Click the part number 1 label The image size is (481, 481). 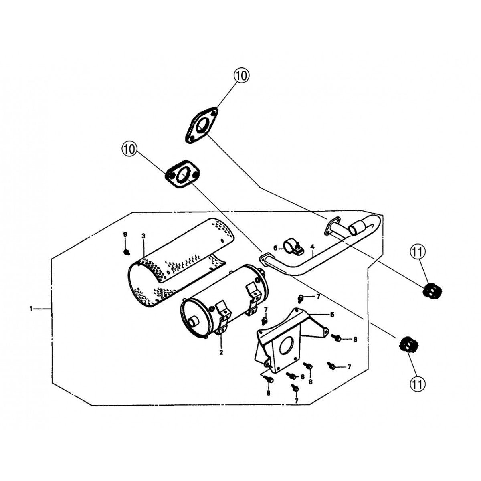[31, 309]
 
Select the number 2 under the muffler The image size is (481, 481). [221, 353]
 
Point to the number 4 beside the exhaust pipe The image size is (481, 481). [312, 246]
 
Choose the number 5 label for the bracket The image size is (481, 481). [332, 315]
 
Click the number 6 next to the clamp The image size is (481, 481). [275, 248]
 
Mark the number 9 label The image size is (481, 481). [125, 234]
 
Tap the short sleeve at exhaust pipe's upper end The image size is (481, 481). [357, 227]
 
